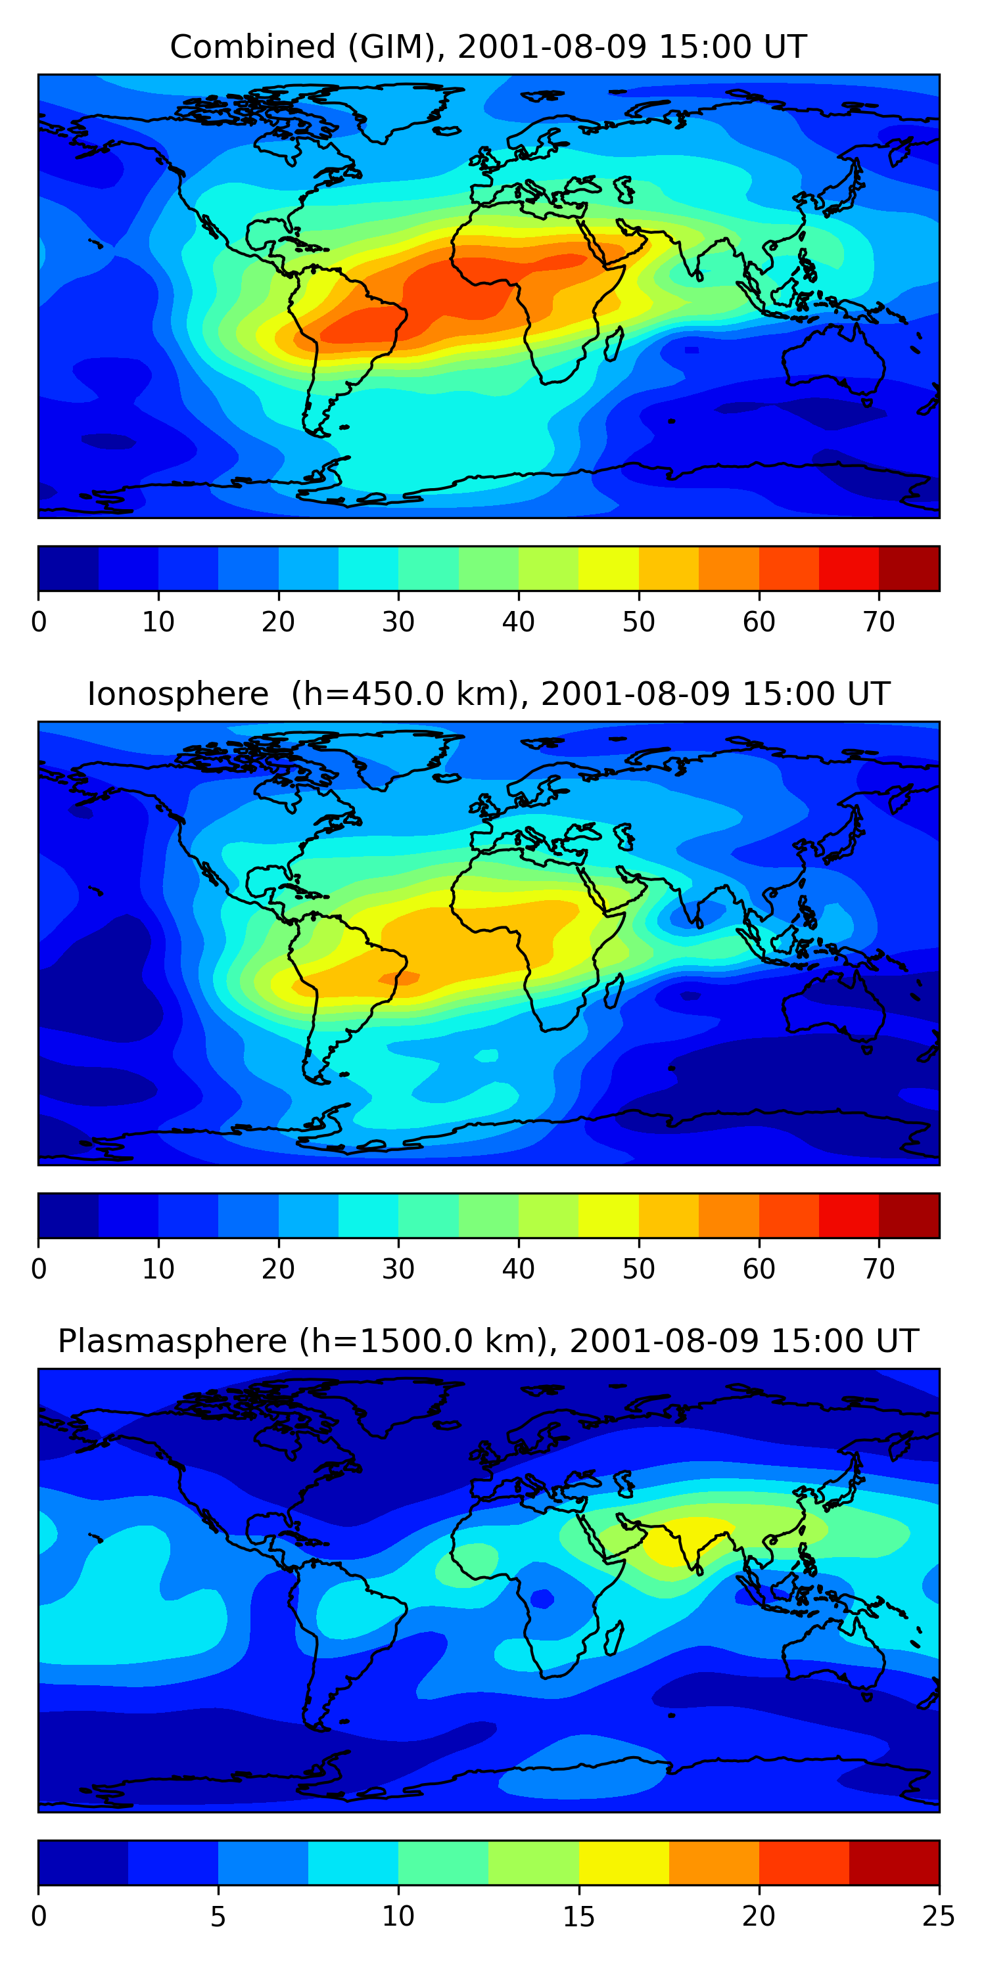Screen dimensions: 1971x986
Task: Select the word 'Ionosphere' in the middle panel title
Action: (x=177, y=694)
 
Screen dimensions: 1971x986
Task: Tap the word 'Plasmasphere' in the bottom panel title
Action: (x=172, y=1342)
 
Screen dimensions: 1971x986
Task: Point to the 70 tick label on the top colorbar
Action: (x=879, y=622)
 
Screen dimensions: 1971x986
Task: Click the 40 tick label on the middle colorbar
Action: (x=518, y=1269)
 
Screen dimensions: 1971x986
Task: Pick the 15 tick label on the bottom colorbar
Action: (x=578, y=1916)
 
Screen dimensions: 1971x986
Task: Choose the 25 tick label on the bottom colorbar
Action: (x=939, y=1916)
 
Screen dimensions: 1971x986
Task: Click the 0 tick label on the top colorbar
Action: (x=39, y=622)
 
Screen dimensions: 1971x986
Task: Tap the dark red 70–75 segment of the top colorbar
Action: (x=908, y=568)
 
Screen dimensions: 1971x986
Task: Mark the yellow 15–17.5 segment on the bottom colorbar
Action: (x=624, y=1863)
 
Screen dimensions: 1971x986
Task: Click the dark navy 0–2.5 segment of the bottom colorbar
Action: (x=83, y=1863)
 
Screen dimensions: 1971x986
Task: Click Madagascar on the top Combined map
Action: (x=614, y=344)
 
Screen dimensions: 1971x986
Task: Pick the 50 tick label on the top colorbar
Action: (x=638, y=622)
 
